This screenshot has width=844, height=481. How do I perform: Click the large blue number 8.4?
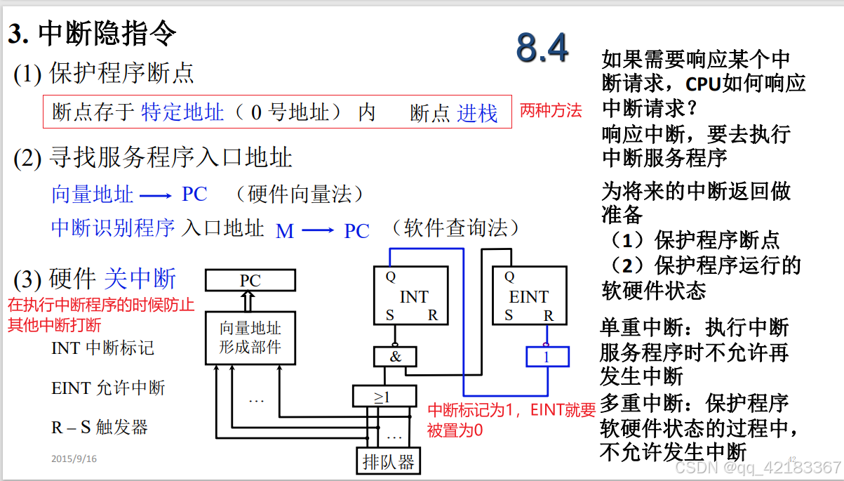pos(542,47)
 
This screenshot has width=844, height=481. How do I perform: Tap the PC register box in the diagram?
pos(250,281)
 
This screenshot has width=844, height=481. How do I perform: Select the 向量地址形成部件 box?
pos(250,338)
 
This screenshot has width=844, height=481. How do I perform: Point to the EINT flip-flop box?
pos(529,296)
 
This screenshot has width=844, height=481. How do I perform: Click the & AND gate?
pos(395,356)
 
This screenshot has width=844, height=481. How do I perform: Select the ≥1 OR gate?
pos(382,396)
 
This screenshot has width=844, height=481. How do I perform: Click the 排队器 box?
pos(388,461)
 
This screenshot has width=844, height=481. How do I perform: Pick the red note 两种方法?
pos(551,111)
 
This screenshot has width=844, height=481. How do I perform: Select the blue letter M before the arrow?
pos(284,231)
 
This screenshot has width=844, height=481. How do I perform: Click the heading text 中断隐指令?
pos(107,34)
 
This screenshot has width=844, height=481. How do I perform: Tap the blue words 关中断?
pos(140,279)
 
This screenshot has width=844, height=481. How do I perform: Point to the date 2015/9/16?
pos(74,459)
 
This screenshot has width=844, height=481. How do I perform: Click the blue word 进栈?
pos(477,113)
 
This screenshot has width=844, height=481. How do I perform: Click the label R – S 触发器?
pos(100,427)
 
